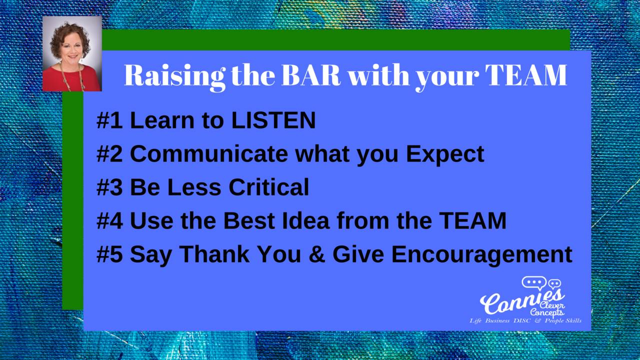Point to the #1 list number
tap(109, 120)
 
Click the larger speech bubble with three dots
tap(534, 283)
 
